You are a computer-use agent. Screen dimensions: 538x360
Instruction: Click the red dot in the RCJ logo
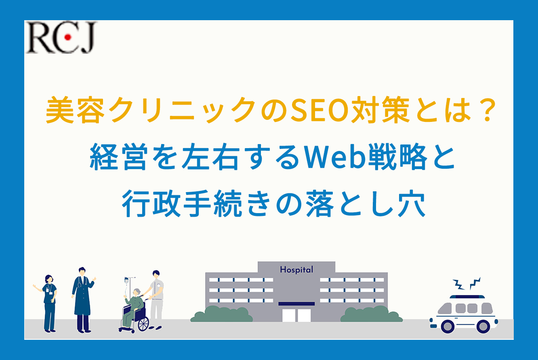point(68,37)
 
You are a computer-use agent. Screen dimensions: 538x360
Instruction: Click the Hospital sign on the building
point(296,270)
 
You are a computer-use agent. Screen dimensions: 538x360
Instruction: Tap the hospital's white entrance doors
point(296,315)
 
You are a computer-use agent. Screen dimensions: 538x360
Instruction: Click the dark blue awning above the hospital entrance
point(296,304)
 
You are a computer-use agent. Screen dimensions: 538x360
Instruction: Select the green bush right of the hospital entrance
point(371,314)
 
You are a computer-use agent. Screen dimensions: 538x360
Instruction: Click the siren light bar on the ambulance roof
point(467,297)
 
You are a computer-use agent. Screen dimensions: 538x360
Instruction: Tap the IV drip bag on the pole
point(126,280)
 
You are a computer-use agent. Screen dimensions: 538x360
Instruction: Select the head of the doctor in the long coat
point(82,272)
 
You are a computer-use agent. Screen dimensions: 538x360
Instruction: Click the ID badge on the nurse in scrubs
point(47,291)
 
